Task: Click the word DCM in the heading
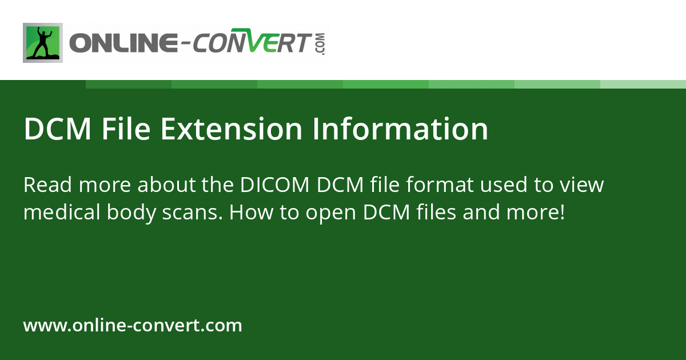(58, 129)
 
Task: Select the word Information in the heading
(400, 129)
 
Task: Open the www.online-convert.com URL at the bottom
(133, 326)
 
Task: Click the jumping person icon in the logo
(43, 43)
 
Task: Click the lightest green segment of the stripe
(643, 84)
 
